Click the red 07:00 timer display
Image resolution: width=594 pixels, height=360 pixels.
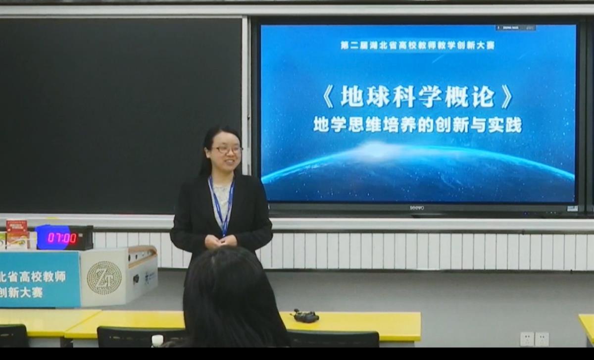[63, 238]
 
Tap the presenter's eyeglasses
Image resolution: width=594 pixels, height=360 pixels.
[227, 149]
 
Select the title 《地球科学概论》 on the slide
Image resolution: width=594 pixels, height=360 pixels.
[417, 97]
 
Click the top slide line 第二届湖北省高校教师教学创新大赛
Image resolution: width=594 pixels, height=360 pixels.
[417, 46]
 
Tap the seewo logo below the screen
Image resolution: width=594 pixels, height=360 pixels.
[417, 208]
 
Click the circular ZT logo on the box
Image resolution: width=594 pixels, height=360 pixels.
[104, 278]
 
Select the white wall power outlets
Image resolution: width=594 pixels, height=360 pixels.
[534, 339]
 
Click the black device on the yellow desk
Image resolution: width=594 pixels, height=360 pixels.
[305, 316]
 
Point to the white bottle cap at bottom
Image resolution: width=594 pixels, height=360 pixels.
[157, 339]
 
